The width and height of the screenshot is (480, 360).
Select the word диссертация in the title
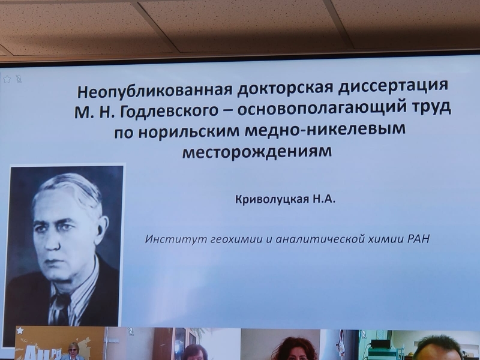[x=393, y=86]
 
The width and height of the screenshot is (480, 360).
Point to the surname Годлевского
[x=169, y=112]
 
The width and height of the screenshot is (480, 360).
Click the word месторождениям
[x=257, y=152]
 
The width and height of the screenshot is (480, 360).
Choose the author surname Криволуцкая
[x=272, y=200]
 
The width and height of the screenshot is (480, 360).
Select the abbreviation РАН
[x=418, y=238]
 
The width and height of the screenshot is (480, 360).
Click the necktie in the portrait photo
[x=62, y=308]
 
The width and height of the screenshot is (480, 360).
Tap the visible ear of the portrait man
[x=101, y=229]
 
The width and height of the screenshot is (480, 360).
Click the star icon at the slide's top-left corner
[x=7, y=79]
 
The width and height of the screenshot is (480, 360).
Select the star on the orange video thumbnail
[x=20, y=331]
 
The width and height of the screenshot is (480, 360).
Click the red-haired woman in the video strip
[x=294, y=350]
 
